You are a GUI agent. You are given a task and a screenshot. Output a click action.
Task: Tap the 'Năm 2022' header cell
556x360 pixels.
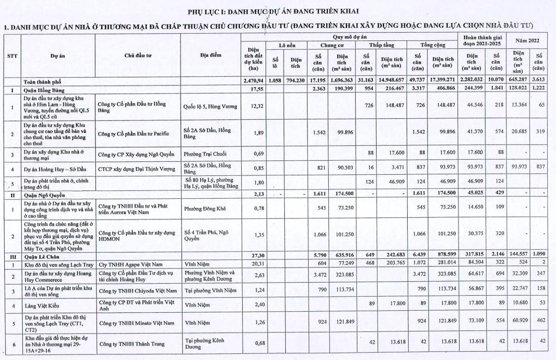[526, 40]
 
